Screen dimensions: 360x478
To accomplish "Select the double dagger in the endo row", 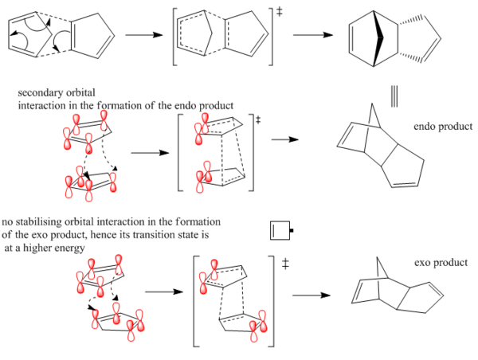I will (x=257, y=120).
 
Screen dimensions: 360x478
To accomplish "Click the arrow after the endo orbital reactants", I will (x=150, y=151).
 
